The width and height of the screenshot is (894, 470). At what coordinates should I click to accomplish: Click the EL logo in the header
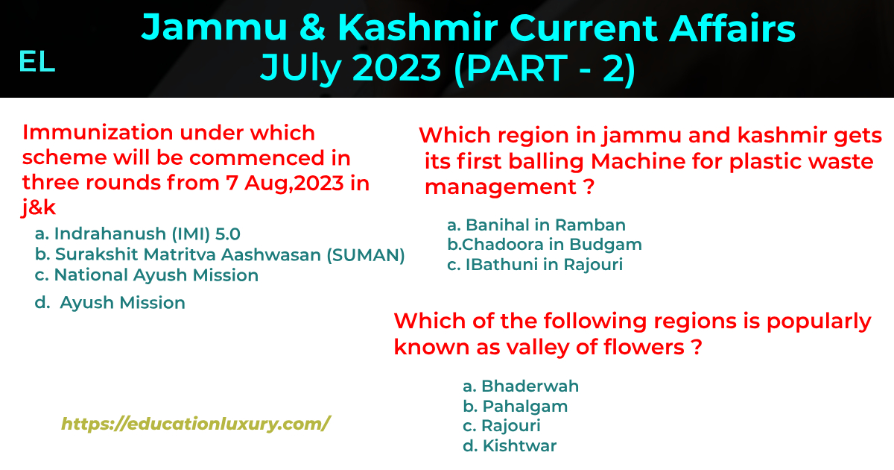(x=37, y=62)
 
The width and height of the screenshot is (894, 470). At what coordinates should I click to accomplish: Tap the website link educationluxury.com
(x=195, y=424)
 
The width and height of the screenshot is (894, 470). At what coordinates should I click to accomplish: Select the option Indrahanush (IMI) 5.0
(x=137, y=234)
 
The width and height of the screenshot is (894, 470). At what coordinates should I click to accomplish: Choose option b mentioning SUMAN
(x=220, y=255)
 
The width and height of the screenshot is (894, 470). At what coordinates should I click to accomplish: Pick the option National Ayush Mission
(x=147, y=275)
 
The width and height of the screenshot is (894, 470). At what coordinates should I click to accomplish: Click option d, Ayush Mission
(x=110, y=303)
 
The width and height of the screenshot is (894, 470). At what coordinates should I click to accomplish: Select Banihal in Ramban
(x=536, y=225)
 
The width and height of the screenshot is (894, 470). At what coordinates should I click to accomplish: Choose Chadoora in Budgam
(x=545, y=245)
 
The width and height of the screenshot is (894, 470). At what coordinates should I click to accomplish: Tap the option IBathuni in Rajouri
(x=535, y=265)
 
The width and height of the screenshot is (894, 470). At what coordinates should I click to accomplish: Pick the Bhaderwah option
(x=521, y=386)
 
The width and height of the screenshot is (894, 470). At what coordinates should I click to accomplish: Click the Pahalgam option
(x=516, y=407)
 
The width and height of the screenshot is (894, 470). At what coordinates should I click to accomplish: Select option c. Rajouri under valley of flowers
(x=501, y=426)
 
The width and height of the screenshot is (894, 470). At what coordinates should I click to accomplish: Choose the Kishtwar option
(x=510, y=445)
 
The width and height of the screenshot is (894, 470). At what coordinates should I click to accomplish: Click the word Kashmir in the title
(x=418, y=28)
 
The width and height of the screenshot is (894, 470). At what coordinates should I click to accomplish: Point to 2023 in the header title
(x=396, y=67)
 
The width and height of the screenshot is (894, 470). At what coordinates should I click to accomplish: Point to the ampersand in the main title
(x=313, y=28)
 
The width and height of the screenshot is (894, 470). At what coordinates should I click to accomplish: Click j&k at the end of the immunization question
(x=39, y=207)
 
